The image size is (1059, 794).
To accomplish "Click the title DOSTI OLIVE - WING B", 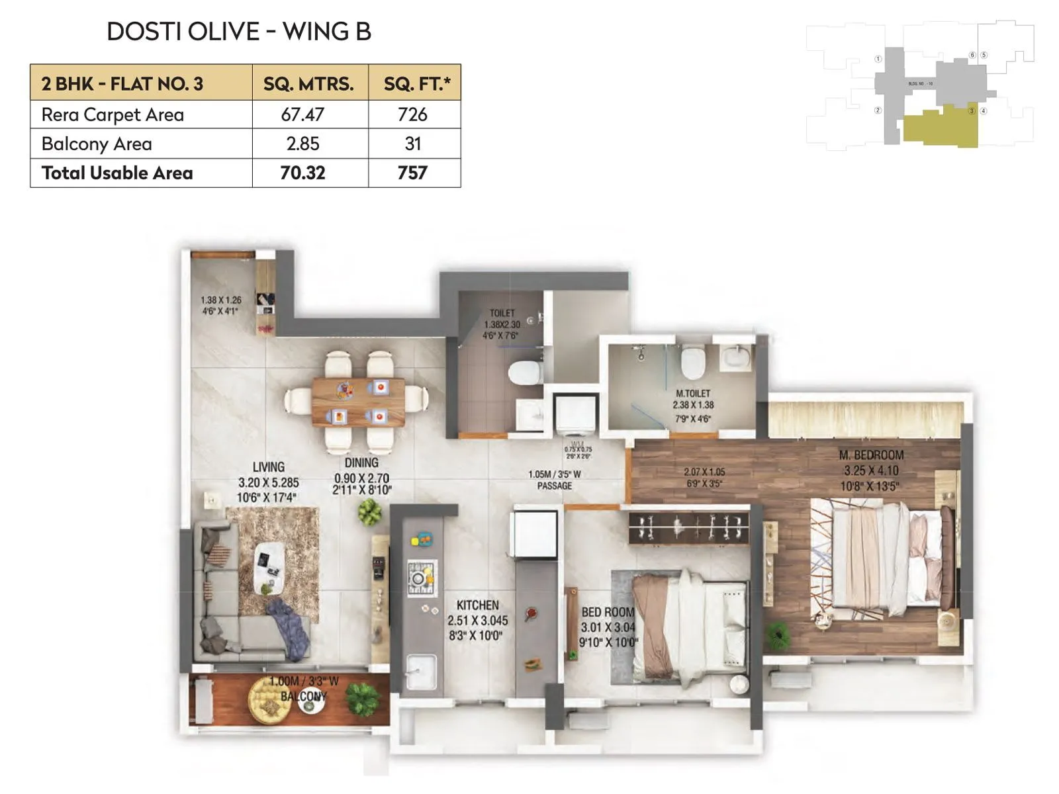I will [239, 32].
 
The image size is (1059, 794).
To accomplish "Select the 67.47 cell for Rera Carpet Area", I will [302, 114].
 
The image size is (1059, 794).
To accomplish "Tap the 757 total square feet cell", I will [412, 173].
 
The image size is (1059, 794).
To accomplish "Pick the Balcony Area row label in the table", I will [97, 144].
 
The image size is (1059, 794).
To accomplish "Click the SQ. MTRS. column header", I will [308, 83].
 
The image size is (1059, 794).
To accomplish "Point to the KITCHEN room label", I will [477, 605].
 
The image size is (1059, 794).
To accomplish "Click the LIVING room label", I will [268, 466].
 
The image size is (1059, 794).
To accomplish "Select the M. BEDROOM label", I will [871, 455].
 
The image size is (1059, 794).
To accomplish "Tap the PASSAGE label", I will [554, 486].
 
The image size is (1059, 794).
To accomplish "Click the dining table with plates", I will [358, 402].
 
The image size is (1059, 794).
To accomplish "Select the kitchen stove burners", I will [421, 577].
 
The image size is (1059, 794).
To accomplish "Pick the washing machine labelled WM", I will [576, 414].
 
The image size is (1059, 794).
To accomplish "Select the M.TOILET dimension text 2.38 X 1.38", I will [693, 405].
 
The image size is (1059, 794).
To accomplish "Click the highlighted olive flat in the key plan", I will [940, 128].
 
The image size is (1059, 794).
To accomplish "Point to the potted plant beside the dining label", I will [369, 511].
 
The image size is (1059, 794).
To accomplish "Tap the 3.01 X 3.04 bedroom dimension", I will [608, 627].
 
